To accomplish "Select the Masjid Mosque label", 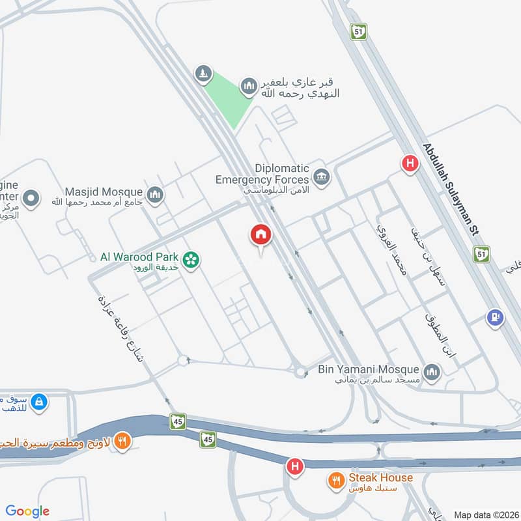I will [104, 192].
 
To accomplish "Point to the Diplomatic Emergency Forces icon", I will [321, 176].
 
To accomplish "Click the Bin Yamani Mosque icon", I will [431, 372].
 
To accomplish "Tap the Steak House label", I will [380, 478].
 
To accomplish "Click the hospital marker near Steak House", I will [295, 467].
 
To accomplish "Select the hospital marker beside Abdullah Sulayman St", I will [410, 162].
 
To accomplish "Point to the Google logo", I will [27, 511].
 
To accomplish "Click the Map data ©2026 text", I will [485, 514].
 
